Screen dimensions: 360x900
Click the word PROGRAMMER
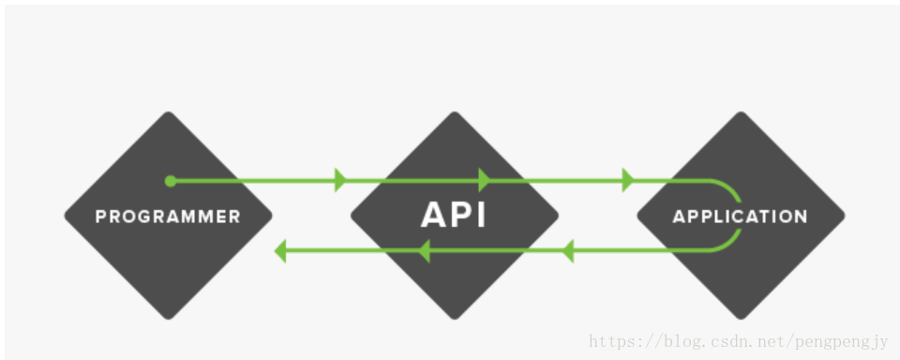click(168, 217)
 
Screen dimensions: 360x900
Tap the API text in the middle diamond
click(454, 215)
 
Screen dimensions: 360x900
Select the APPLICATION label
click(740, 217)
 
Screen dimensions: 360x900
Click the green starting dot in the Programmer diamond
click(170, 181)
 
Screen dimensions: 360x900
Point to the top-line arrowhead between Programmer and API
click(340, 181)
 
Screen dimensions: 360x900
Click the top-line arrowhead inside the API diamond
click(485, 181)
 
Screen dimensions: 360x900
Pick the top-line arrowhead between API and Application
click(627, 181)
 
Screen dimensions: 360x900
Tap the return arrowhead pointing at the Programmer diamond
click(280, 250)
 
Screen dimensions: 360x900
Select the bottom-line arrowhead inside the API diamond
click(423, 250)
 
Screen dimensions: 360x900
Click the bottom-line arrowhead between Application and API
click(566, 250)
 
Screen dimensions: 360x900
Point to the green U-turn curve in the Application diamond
click(737, 215)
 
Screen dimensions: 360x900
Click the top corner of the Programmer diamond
click(169, 114)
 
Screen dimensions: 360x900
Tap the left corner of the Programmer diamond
click(67, 216)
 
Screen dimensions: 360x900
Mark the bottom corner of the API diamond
click(455, 317)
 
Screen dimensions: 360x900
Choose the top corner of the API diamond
click(455, 114)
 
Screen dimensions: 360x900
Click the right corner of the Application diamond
click(843, 216)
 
